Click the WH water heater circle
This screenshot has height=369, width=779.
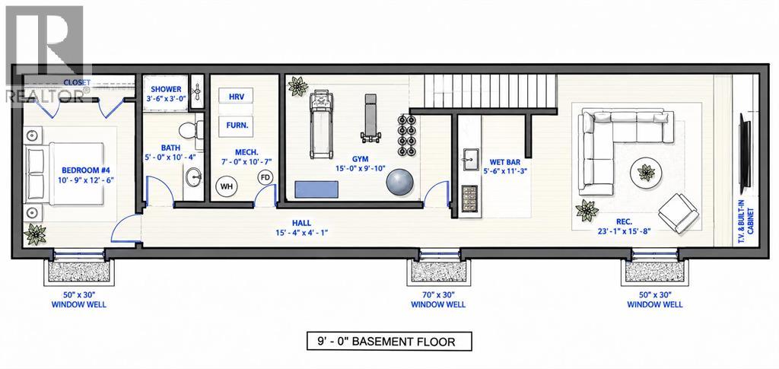(227, 186)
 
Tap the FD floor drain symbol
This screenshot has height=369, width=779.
(265, 177)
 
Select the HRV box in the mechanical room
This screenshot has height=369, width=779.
(236, 96)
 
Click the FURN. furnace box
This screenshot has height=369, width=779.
(237, 126)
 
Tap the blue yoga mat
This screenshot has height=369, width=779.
(316, 189)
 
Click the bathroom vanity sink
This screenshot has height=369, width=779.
(194, 177)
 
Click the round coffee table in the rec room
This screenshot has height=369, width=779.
(646, 173)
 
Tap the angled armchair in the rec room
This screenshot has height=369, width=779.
(678, 213)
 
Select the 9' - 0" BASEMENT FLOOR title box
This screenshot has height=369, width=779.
(389, 341)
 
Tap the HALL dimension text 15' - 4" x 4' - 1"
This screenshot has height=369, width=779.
(302, 232)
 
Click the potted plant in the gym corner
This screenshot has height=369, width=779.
(298, 87)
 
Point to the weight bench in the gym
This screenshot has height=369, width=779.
(371, 118)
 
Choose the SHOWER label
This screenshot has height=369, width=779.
(166, 89)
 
